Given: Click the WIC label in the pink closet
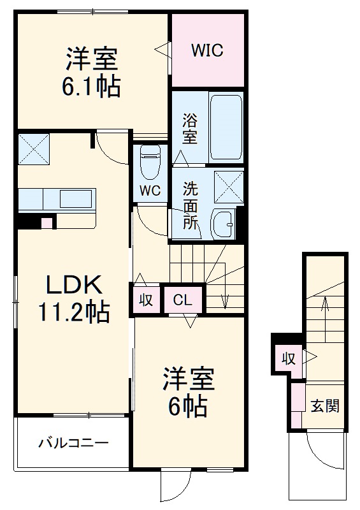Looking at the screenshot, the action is click(x=207, y=50).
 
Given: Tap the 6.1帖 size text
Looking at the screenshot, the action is click(x=91, y=86).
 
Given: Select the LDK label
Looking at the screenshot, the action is click(x=73, y=284).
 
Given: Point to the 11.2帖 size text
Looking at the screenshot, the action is click(x=74, y=312).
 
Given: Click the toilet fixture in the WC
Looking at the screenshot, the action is click(x=150, y=162).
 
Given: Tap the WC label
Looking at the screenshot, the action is click(x=150, y=191).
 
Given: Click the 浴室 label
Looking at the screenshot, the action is click(x=190, y=128).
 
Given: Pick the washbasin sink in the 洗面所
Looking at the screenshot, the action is click(x=223, y=224).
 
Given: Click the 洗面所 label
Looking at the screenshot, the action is click(x=191, y=205).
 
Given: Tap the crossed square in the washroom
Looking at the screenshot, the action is click(x=229, y=187).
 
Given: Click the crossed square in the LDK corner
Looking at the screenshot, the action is click(x=34, y=149).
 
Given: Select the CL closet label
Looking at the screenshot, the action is click(x=182, y=300).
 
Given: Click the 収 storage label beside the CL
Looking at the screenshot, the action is click(x=146, y=300).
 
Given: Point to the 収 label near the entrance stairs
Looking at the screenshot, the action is click(x=289, y=359).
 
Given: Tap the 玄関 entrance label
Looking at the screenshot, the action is click(x=325, y=405).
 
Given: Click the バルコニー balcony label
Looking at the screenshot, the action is click(x=73, y=443).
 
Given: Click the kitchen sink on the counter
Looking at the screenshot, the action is click(x=75, y=198).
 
